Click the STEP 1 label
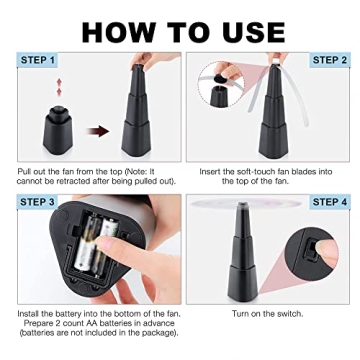pos(38,61)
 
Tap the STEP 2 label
pos(329,61)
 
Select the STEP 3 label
pos(38,202)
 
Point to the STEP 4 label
pos(329,202)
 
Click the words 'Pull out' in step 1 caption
pos(31,171)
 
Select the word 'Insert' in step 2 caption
pos(211,171)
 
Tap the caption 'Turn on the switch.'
pos(268,313)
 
